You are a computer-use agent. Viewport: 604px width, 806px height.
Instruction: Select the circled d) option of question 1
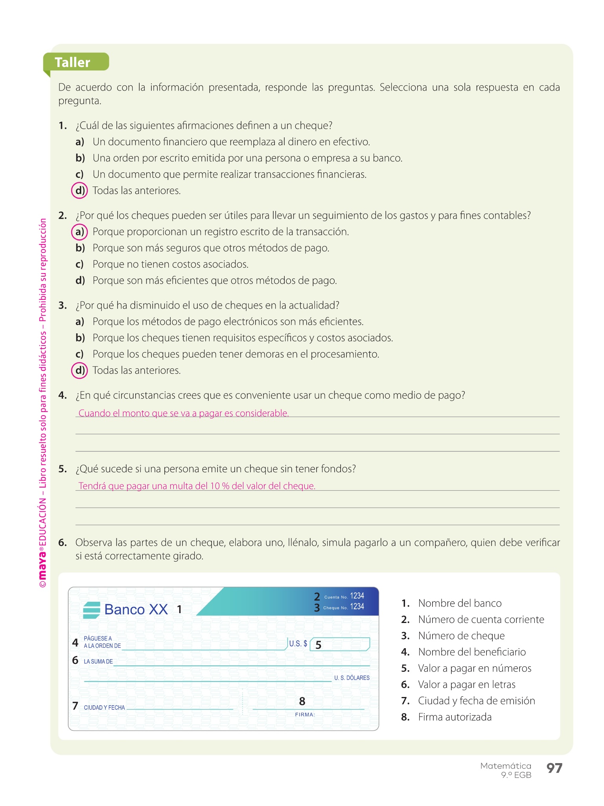pyautogui.click(x=80, y=190)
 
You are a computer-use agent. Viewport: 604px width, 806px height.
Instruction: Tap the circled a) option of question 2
pyautogui.click(x=79, y=232)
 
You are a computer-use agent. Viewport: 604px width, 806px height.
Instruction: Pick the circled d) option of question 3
pyautogui.click(x=80, y=370)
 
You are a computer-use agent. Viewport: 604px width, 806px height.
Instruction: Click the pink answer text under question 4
pyautogui.click(x=184, y=413)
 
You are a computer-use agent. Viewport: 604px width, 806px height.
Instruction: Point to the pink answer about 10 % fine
pyautogui.click(x=197, y=486)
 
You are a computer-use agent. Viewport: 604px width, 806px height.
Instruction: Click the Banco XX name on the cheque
pyautogui.click(x=136, y=610)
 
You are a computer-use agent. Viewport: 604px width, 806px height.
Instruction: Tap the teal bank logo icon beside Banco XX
pyautogui.click(x=92, y=610)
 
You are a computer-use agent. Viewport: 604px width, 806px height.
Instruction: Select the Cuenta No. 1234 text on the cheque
pyautogui.click(x=344, y=596)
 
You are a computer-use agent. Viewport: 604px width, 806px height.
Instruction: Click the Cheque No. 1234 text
pyautogui.click(x=344, y=607)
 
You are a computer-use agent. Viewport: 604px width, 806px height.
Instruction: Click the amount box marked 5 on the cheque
pyautogui.click(x=340, y=644)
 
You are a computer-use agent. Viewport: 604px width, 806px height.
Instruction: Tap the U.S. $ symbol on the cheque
pyautogui.click(x=298, y=644)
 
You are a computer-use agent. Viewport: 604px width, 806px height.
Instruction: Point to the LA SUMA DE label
pyautogui.click(x=98, y=662)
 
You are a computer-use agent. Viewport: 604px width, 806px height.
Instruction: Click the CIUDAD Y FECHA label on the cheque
pyautogui.click(x=104, y=708)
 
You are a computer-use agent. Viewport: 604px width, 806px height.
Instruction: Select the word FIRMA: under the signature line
pyautogui.click(x=305, y=715)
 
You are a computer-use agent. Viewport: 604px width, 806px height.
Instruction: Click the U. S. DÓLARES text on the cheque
pyautogui.click(x=352, y=678)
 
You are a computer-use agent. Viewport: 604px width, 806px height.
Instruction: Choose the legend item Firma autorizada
pyautogui.click(x=455, y=717)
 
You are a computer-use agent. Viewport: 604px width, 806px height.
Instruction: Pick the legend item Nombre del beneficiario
pyautogui.click(x=471, y=652)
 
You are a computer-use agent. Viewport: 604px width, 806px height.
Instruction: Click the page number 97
pyautogui.click(x=554, y=768)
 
